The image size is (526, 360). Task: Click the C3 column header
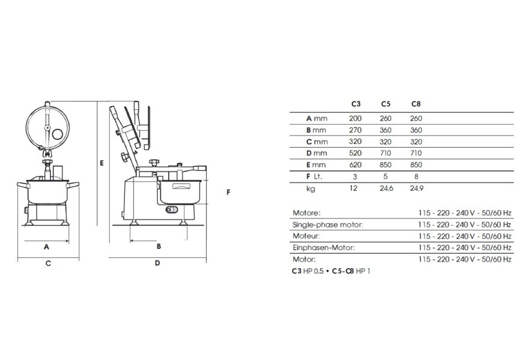355,104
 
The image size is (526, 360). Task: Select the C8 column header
416,104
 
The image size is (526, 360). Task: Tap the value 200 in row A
355,119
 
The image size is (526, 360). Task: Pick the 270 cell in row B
355,130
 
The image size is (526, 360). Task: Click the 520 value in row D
355,154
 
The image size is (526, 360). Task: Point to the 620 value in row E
355,165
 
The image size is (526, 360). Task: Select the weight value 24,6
385,188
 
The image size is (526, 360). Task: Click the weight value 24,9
416,188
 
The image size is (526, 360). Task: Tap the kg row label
311,188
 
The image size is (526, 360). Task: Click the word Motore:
306,213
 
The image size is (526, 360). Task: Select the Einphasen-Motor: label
323,248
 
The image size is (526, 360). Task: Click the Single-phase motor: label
327,224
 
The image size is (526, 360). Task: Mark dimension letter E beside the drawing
103,163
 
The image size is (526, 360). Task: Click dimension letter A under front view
46,247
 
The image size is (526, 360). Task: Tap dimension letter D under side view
157,263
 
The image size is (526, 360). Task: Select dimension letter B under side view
159,246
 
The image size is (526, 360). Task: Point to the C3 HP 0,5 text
307,271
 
